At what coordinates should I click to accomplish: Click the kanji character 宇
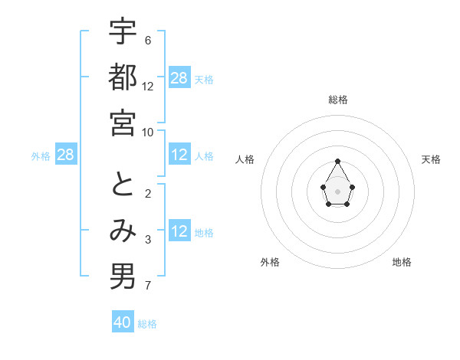123,31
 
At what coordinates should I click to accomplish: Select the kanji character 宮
123,122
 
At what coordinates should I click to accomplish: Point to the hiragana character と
123,185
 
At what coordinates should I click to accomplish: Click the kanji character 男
123,277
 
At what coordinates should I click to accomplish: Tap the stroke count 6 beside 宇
147,40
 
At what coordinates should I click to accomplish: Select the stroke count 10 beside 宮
148,132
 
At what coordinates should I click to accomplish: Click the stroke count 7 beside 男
147,286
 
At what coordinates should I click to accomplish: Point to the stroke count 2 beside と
147,194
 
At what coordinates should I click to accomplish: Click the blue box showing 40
123,322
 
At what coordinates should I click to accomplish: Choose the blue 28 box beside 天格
179,78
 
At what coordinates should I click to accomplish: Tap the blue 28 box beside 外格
66,155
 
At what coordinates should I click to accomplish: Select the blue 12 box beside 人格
179,155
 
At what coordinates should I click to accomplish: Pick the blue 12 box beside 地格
179,232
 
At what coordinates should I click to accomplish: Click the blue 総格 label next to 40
147,324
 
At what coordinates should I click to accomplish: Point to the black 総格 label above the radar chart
338,100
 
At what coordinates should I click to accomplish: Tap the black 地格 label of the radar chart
402,262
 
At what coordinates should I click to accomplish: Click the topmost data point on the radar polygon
338,162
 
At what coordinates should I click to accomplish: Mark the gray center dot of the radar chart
338,191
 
